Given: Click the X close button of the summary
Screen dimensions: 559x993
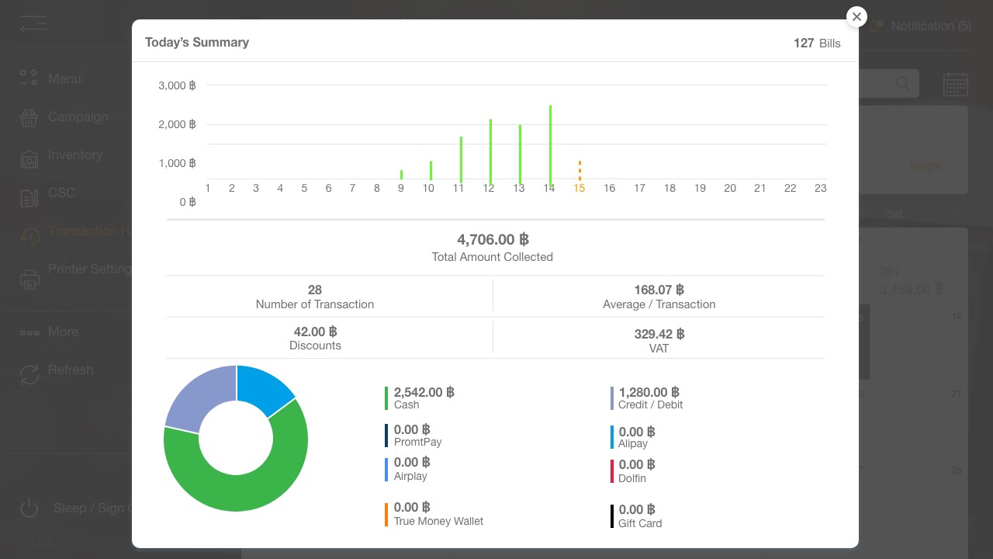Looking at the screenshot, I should pyautogui.click(x=856, y=17).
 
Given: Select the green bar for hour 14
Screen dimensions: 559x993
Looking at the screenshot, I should pyautogui.click(x=550, y=146).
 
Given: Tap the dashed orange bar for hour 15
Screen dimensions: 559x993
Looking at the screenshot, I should pyautogui.click(x=580, y=171).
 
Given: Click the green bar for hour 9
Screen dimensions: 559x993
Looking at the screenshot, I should pyautogui.click(x=401, y=175).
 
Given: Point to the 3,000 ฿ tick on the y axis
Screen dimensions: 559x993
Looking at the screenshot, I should pyautogui.click(x=177, y=85).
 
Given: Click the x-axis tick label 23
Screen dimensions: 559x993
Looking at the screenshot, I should pyautogui.click(x=820, y=188).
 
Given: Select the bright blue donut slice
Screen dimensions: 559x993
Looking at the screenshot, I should pyautogui.click(x=265, y=389).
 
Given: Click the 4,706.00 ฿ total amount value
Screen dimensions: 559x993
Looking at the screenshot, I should pyautogui.click(x=493, y=240).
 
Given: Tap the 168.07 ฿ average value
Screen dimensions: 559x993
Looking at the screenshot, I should pyautogui.click(x=659, y=290).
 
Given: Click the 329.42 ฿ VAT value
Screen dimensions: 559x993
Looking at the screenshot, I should pyautogui.click(x=659, y=335).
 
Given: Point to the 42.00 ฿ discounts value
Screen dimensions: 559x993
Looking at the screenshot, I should pyautogui.click(x=315, y=332).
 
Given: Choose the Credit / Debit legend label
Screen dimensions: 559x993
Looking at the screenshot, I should pyautogui.click(x=650, y=404).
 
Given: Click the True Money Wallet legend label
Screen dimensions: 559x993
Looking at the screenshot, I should pyautogui.click(x=438, y=521).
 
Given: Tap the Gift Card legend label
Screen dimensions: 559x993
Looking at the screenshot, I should pyautogui.click(x=640, y=523).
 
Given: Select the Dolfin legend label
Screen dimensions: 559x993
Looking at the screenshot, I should pyautogui.click(x=632, y=478).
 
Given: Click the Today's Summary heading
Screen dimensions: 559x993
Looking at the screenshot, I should pyautogui.click(x=197, y=42).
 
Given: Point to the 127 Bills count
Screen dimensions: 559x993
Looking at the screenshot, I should pyautogui.click(x=817, y=43).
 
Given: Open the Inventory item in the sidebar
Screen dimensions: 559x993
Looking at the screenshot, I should pyautogui.click(x=74, y=155).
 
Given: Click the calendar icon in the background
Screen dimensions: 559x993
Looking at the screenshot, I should pyautogui.click(x=955, y=84).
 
